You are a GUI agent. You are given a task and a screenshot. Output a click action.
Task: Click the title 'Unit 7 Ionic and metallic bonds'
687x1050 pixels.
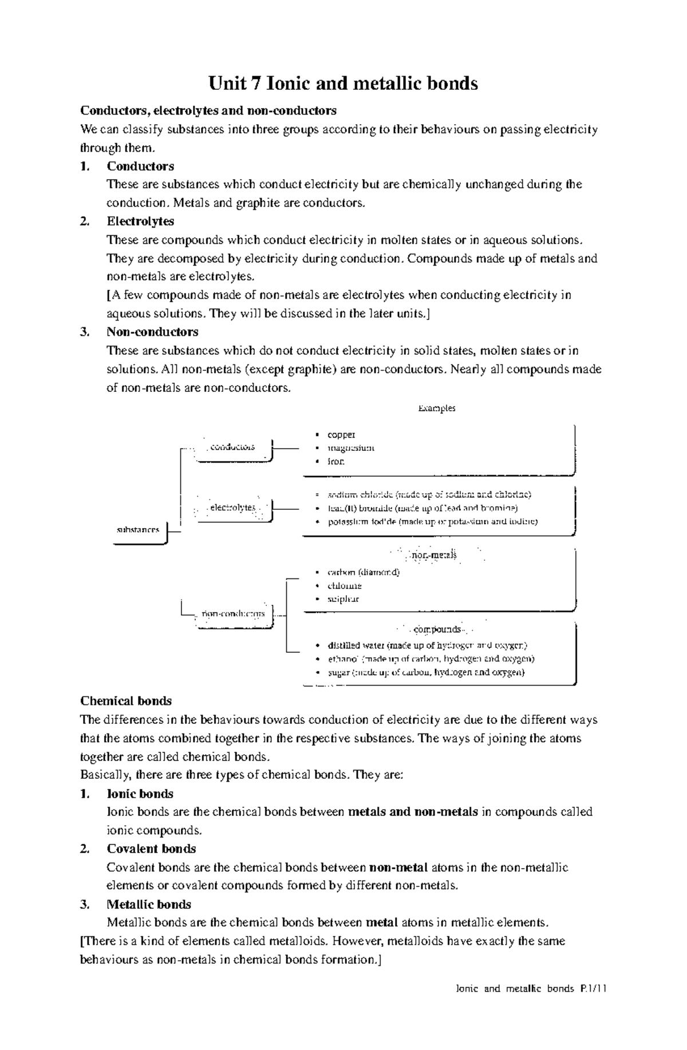tap(343, 84)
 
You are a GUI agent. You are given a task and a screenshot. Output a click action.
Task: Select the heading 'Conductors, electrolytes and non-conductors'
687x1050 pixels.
tap(208, 110)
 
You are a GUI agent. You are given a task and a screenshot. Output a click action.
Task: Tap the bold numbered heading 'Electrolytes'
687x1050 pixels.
tap(140, 221)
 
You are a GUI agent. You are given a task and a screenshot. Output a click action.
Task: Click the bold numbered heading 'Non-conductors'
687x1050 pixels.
tap(152, 332)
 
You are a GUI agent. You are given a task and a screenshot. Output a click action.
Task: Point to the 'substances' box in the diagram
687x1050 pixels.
tap(139, 530)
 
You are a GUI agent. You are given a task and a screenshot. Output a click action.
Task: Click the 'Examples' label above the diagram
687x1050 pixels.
tap(436, 408)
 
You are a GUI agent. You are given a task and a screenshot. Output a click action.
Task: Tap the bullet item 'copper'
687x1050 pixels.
tap(341, 435)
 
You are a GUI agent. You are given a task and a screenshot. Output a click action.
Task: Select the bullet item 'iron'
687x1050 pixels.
tap(336, 461)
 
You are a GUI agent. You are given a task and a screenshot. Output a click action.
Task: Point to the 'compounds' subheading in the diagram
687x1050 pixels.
tap(437, 629)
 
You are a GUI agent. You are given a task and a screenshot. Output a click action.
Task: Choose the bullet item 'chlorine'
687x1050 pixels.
tap(344, 585)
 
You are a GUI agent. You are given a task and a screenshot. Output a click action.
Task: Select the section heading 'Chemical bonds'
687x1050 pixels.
tap(126, 701)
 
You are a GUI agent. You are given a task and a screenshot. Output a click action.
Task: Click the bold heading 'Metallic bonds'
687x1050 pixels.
tap(149, 904)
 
